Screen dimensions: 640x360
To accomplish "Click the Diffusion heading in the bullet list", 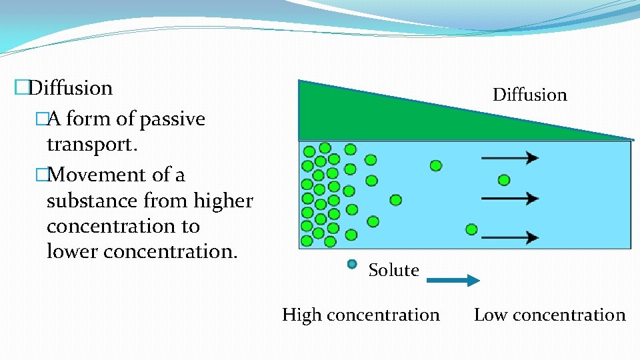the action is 71,88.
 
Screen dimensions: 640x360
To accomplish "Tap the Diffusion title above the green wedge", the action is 529,95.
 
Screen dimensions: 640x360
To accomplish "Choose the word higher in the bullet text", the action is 223,201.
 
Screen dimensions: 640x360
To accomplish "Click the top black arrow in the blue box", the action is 510,158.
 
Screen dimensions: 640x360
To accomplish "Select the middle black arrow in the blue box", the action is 510,198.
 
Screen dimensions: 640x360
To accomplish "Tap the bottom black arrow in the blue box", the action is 510,237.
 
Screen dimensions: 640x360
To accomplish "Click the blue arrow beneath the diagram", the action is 453,280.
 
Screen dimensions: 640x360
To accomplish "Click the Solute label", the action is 393,270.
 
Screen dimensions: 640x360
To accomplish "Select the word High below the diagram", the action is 302,315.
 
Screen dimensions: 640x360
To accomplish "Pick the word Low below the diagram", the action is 491,315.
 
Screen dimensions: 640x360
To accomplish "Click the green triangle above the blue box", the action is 373,113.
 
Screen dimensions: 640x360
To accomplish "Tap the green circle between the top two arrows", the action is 504,180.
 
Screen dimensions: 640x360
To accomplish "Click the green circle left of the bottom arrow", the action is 471,229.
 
